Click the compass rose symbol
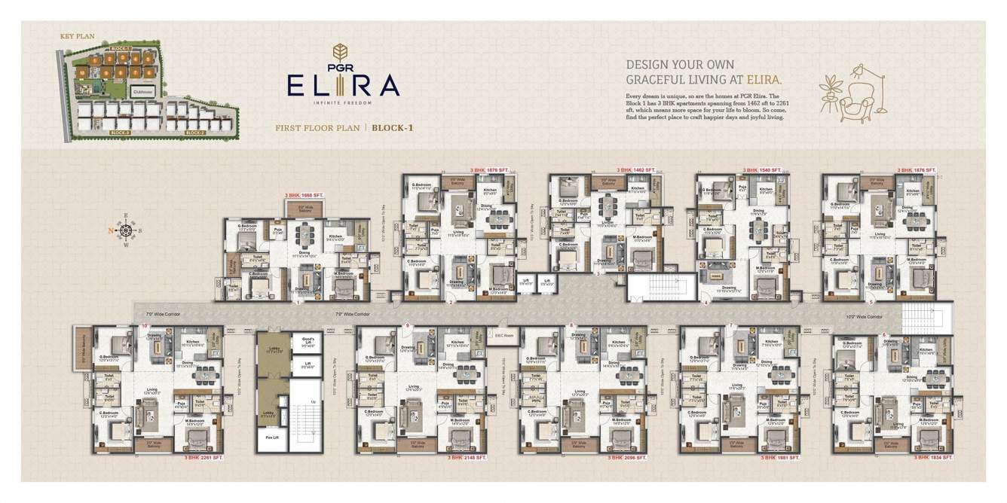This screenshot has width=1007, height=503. (x=126, y=232)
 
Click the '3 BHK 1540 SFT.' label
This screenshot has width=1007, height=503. (x=763, y=170)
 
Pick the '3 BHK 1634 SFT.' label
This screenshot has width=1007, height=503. (x=933, y=457)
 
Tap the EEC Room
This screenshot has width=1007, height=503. (x=503, y=334)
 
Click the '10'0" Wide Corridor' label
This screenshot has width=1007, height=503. (x=864, y=317)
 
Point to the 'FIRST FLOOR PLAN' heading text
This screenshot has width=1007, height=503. (x=317, y=128)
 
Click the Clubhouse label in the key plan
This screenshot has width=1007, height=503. (x=142, y=91)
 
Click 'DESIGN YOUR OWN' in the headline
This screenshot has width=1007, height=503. (x=680, y=65)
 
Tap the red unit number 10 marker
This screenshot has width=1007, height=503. (x=143, y=325)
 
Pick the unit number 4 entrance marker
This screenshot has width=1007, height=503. (x=706, y=303)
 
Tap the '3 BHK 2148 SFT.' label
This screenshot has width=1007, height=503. (x=467, y=457)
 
